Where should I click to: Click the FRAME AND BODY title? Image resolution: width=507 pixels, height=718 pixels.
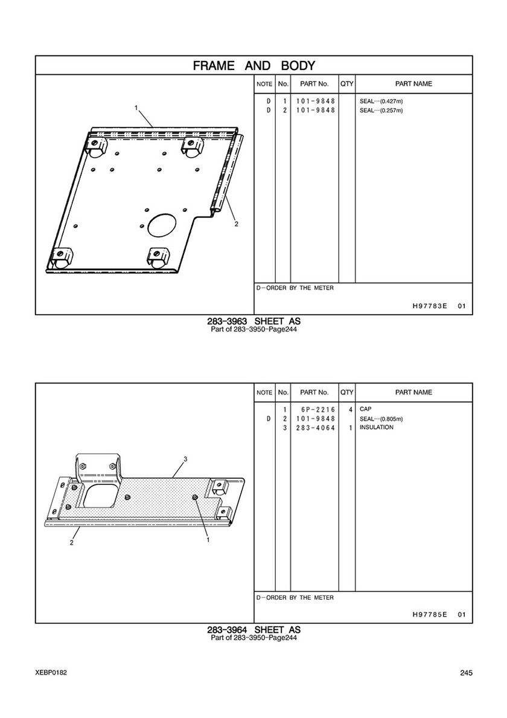(254, 65)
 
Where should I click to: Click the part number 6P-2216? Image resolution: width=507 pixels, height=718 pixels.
(318, 409)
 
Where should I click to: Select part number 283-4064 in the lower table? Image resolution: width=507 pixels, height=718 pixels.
(316, 428)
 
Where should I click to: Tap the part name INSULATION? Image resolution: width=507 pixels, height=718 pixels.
(377, 427)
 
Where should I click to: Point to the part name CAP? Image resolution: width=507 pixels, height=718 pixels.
(366, 409)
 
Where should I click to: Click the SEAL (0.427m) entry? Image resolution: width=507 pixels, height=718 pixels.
(381, 101)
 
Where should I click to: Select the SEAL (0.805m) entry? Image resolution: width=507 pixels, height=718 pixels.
(381, 418)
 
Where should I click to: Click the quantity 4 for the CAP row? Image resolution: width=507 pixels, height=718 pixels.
(351, 409)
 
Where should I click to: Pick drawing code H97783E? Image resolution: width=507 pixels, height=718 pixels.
(430, 306)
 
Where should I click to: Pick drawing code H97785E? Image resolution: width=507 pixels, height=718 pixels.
(430, 615)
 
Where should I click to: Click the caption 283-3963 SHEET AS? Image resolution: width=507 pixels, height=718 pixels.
(254, 321)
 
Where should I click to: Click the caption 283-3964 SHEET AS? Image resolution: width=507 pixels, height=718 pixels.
(254, 630)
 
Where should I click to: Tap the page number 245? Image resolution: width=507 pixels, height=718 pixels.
(467, 673)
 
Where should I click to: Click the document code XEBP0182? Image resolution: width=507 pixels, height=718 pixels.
(50, 673)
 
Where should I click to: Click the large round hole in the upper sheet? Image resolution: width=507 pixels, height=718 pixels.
(162, 225)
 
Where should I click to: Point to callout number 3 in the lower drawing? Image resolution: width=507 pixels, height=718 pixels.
(185, 459)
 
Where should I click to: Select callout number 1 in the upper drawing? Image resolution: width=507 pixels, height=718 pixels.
(136, 107)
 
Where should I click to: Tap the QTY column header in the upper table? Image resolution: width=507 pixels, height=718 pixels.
(347, 84)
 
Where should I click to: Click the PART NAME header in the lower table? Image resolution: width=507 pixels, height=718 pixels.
(413, 393)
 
